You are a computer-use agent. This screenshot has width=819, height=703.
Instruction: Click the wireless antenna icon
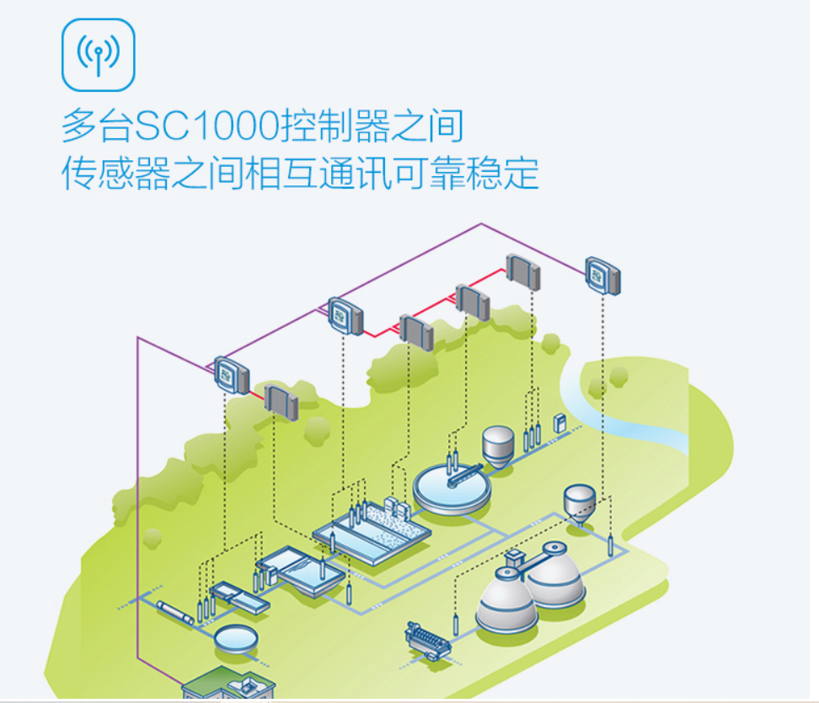point(99,55)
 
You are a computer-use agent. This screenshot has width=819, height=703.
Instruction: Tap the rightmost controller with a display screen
point(603,276)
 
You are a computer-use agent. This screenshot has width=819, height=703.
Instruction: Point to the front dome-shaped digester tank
point(506,601)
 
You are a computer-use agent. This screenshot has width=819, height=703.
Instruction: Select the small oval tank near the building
point(236,638)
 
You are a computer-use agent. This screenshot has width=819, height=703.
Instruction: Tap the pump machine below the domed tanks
point(427,641)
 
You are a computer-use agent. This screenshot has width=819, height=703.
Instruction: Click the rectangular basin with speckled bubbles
point(394,529)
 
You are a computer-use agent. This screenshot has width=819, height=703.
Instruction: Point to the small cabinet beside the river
point(559,422)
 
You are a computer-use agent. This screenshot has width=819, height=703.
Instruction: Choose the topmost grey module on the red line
point(522,271)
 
